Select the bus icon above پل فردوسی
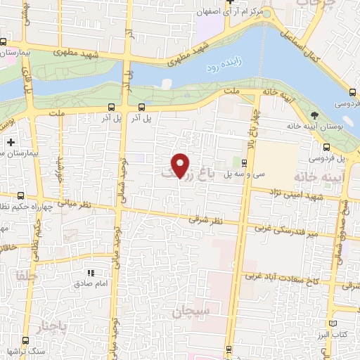pos(327,147)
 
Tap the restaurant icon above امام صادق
pos(90,273)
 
